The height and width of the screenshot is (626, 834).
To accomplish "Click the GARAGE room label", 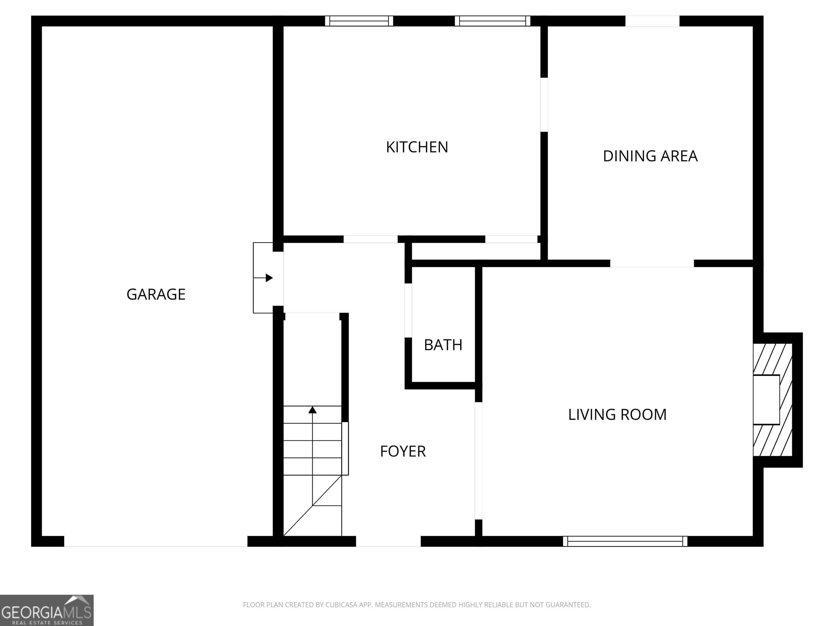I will pyautogui.click(x=156, y=294).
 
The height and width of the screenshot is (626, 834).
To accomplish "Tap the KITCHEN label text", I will pyautogui.click(x=417, y=147).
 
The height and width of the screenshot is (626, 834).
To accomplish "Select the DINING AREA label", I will pyautogui.click(x=650, y=156).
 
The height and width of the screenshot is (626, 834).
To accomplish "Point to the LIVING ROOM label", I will pyautogui.click(x=617, y=415).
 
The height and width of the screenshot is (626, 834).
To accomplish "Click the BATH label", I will pyautogui.click(x=443, y=345).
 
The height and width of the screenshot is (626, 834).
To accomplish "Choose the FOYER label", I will pyautogui.click(x=403, y=451).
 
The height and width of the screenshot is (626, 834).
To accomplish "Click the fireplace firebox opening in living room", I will pyautogui.click(x=766, y=400).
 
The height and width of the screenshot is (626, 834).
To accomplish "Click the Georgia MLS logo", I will pyautogui.click(x=46, y=610).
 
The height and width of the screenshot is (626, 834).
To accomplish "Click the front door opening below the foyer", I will pyautogui.click(x=388, y=541).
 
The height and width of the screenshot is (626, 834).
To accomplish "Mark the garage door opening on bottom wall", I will pyautogui.click(x=156, y=541).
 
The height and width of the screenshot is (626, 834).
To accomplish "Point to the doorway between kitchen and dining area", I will pyautogui.click(x=544, y=105).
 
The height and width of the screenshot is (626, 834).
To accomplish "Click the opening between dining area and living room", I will pyautogui.click(x=652, y=263).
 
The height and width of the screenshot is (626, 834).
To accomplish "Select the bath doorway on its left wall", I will pyautogui.click(x=408, y=310).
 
